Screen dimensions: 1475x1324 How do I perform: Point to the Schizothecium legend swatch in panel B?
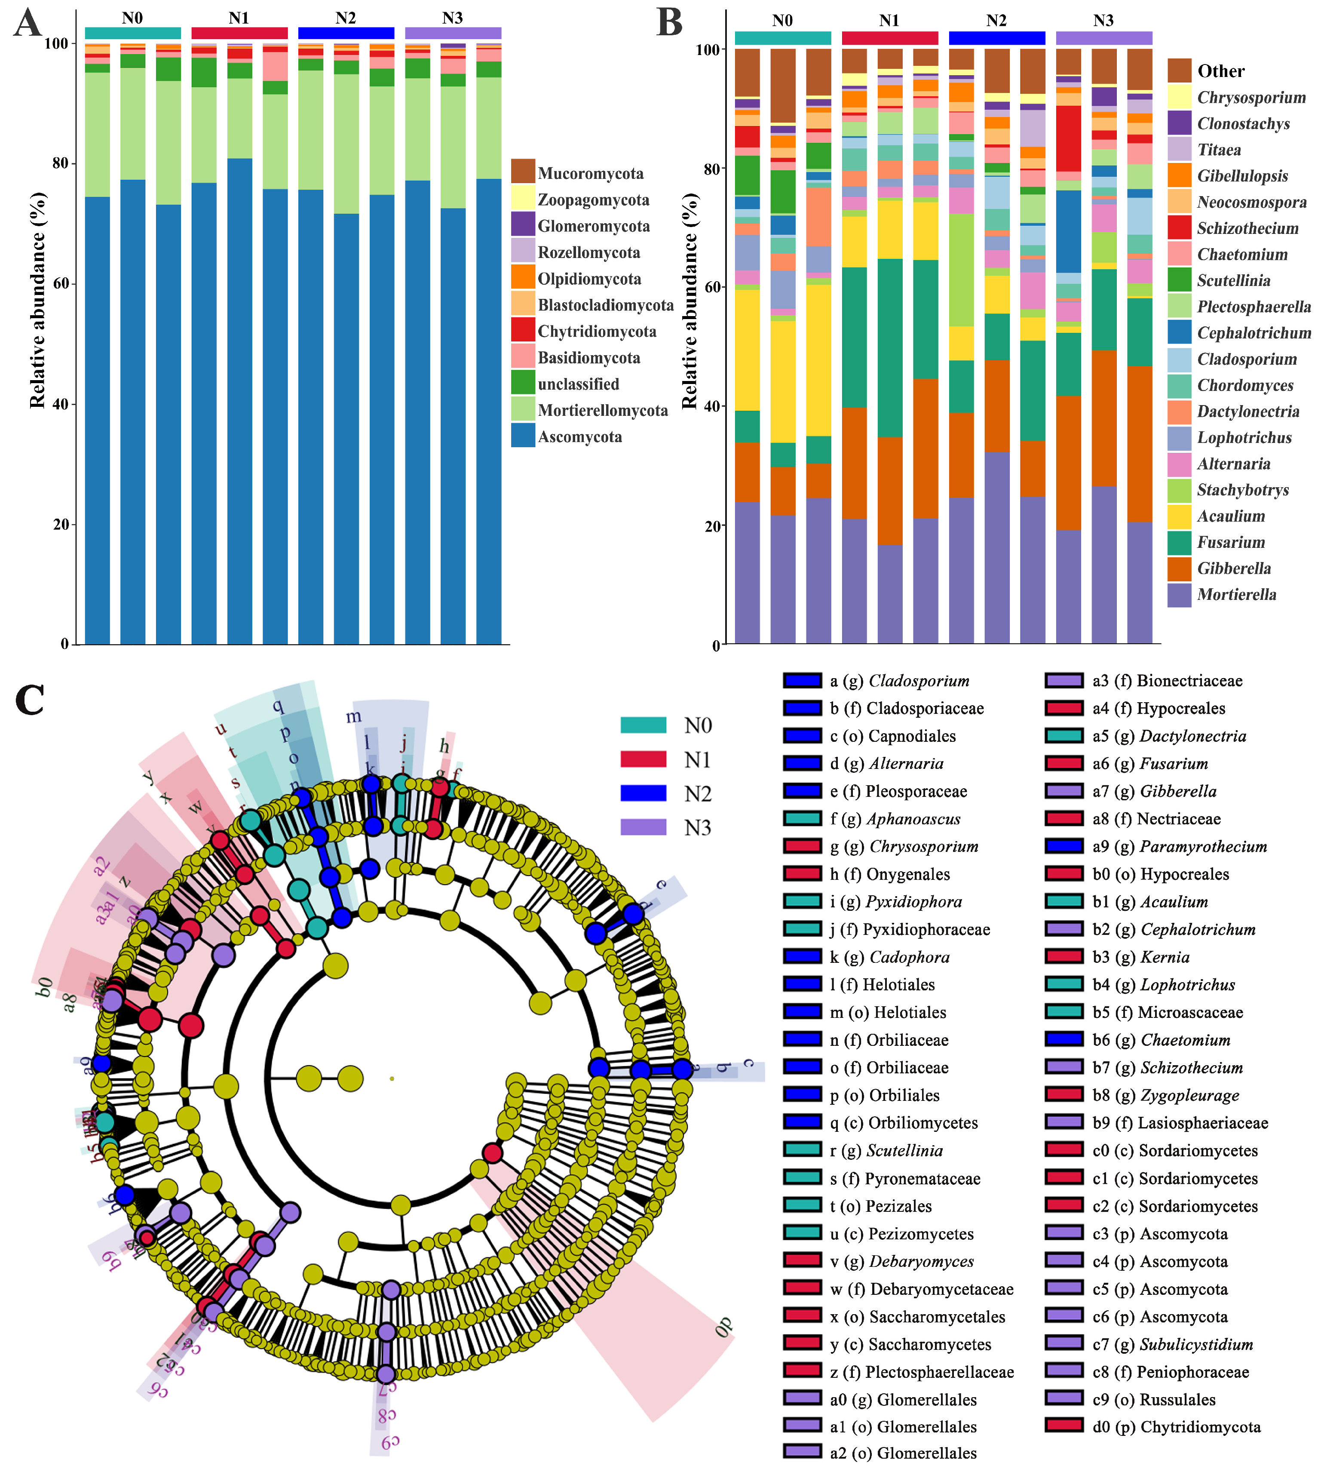1179,228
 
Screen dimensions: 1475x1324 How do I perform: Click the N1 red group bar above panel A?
239,33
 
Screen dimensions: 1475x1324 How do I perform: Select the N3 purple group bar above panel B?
1103,38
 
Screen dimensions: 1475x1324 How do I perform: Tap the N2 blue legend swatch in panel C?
643,793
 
